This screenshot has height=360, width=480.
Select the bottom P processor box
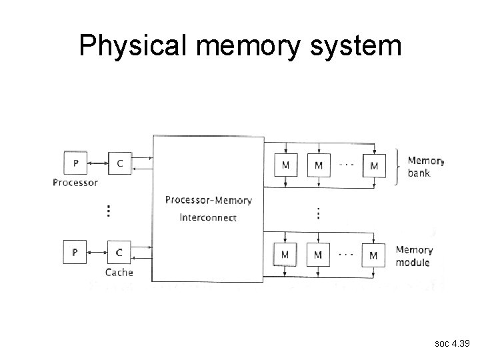75,252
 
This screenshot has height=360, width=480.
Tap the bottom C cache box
119,252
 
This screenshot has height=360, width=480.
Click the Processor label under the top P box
75,182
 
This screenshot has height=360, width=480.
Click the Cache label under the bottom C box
119,272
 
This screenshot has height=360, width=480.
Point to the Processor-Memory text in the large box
208,200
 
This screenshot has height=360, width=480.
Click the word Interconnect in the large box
208,217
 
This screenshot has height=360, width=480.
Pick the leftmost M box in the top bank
285,165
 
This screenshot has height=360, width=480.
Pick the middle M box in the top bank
318,165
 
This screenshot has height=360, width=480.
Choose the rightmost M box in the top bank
373,165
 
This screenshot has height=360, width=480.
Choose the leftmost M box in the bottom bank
285,254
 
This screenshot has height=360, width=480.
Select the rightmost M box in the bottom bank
373,254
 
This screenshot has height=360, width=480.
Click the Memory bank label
425,167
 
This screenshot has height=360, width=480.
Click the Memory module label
414,256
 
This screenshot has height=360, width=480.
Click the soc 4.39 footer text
451,343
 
